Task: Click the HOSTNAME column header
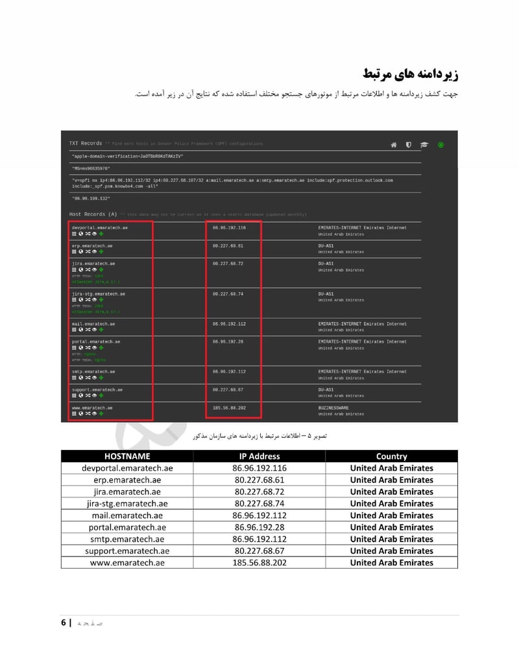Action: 127,456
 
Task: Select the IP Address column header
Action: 259,456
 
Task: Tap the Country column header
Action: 391,456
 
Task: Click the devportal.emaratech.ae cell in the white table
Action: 127,468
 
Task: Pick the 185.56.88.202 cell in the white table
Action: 259,562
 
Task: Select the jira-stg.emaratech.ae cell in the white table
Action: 127,503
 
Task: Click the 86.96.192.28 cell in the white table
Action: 259,527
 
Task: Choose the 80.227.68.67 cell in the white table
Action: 259,551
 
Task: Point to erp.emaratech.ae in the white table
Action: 127,480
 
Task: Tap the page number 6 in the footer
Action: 64,623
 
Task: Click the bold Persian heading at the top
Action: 410,73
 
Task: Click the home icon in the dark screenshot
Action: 393,145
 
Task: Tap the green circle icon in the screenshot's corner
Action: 441,145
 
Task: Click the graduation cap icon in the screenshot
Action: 424,145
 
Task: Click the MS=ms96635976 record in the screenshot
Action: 91,168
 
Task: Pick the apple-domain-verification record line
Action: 128,156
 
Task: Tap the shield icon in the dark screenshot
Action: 409,145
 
